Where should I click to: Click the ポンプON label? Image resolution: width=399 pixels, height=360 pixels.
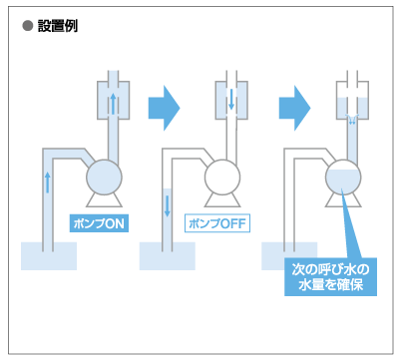pos(99,223)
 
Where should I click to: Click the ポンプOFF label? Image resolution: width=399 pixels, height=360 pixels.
pos(217,223)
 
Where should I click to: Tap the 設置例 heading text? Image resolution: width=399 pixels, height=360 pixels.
pos(58,26)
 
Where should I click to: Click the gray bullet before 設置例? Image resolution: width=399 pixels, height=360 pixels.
pos(28,26)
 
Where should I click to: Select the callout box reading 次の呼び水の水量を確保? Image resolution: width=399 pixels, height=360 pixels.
pos(330,276)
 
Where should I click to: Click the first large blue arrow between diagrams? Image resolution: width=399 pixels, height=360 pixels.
pos(164,108)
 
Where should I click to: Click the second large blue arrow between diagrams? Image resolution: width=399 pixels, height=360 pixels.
pos(294,108)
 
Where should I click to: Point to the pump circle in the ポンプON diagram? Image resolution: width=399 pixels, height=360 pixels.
pos(104,178)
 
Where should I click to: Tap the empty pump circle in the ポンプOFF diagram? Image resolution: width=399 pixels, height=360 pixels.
pos(222,178)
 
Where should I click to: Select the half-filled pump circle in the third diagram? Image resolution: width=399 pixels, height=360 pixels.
pos(343,178)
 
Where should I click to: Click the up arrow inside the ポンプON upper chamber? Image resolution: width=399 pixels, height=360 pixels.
pos(113,104)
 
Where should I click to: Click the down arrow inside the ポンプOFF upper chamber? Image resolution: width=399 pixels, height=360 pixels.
pos(231,99)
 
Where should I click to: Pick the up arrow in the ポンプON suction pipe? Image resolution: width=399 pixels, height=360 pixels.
pos(48,182)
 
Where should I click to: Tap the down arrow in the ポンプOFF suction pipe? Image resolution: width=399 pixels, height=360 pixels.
pos(168,206)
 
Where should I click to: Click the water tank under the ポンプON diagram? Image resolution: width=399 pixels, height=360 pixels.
pos(49,256)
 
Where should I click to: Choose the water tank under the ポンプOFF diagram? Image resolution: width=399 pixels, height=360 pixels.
pos(168,256)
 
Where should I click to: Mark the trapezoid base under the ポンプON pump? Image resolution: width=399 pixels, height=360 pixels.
pos(104,200)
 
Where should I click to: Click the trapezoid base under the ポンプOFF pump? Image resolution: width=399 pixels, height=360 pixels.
pos(222,200)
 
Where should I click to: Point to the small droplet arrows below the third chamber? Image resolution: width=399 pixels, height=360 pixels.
pos(352,120)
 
